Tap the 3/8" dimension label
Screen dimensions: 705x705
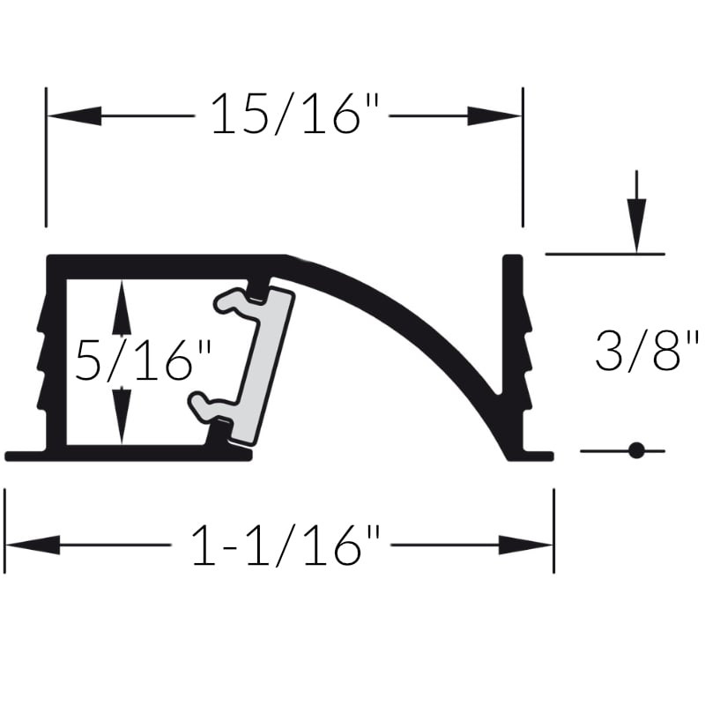pyautogui.click(x=647, y=351)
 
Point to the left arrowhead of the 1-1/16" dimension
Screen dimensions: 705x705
pyautogui.click(x=32, y=545)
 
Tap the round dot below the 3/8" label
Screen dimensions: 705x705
pyautogui.click(x=635, y=451)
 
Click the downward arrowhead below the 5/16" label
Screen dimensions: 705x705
pyautogui.click(x=122, y=414)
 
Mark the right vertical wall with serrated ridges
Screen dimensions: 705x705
pyautogui.click(x=515, y=352)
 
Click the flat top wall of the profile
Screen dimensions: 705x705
pyautogui.click(x=167, y=264)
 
